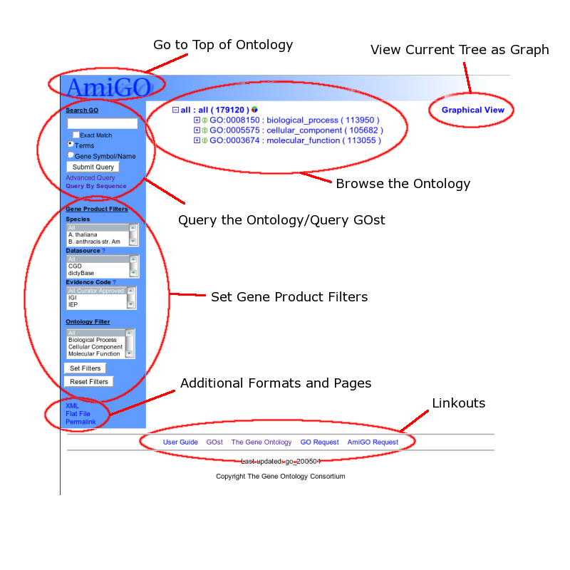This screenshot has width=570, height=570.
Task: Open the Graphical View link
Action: pyautogui.click(x=472, y=110)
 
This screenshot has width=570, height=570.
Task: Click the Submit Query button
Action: pyautogui.click(x=93, y=167)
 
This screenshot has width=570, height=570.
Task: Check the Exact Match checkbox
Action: pyautogui.click(x=76, y=135)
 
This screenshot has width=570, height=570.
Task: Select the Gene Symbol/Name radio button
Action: pyautogui.click(x=71, y=155)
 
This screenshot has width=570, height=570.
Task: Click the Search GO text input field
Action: pyautogui.click(x=102, y=123)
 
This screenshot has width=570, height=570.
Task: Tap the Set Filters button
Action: pyautogui.click(x=85, y=368)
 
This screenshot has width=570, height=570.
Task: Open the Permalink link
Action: pyautogui.click(x=81, y=422)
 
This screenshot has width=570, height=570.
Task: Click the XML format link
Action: pyautogui.click(x=72, y=406)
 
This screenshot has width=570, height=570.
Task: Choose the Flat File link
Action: pyautogui.click(x=78, y=414)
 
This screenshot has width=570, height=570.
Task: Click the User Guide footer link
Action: pyautogui.click(x=180, y=442)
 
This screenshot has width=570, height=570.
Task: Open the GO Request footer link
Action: pyautogui.click(x=319, y=442)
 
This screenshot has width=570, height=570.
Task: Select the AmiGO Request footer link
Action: pyautogui.click(x=373, y=442)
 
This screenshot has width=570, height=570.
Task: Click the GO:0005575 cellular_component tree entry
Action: pyautogui.click(x=296, y=130)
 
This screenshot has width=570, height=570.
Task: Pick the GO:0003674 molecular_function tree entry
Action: pyautogui.click(x=295, y=141)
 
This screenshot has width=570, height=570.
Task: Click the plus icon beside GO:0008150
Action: pyautogui.click(x=197, y=120)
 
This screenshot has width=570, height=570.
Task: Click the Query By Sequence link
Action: pyautogui.click(x=95, y=186)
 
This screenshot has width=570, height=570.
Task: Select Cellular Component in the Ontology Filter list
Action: pyautogui.click(x=95, y=347)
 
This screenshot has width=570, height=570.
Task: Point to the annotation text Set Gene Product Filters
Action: pyautogui.click(x=289, y=297)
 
